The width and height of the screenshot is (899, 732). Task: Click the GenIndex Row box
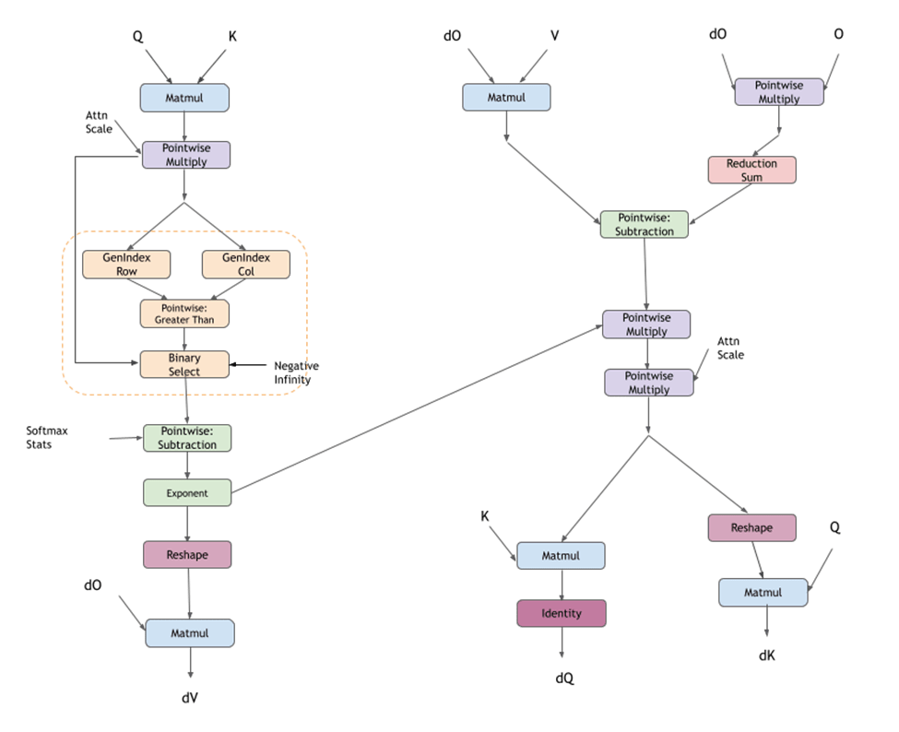click(x=126, y=265)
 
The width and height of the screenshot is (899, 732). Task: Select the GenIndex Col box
click(x=246, y=265)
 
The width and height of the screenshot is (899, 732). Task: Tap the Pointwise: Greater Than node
click(x=184, y=313)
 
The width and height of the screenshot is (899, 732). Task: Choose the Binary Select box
click(x=184, y=364)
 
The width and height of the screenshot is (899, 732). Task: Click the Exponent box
click(x=187, y=492)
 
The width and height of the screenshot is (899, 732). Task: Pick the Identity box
click(x=562, y=613)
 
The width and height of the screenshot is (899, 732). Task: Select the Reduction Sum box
click(x=751, y=170)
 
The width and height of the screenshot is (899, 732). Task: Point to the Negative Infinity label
click(x=297, y=372)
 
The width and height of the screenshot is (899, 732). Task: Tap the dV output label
click(x=190, y=698)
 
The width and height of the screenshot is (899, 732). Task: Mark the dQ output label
click(x=564, y=679)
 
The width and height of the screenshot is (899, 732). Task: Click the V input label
click(x=554, y=35)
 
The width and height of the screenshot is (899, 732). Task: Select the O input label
click(x=838, y=34)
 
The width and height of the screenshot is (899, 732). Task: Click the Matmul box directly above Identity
click(x=561, y=556)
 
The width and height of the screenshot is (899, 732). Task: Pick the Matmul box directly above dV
click(x=190, y=633)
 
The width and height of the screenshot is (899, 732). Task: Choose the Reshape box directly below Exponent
click(x=187, y=554)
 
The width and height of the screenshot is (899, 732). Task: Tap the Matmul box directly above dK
click(x=763, y=592)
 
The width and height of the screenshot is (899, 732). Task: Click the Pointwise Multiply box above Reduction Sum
click(x=779, y=91)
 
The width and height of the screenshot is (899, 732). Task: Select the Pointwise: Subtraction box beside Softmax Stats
click(x=187, y=438)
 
